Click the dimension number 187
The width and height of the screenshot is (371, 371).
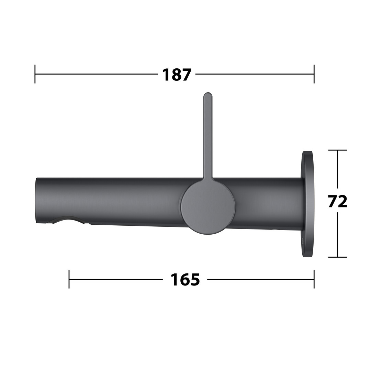pyautogui.click(x=177, y=75)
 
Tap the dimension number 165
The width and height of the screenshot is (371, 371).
pyautogui.click(x=185, y=279)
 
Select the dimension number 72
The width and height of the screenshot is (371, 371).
pyautogui.click(x=338, y=201)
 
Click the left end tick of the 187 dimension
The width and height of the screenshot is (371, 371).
pyautogui.click(x=35, y=74)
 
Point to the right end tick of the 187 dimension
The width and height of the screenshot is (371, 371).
pyautogui.click(x=314, y=74)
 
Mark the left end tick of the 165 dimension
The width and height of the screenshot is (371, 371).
pyautogui.click(x=69, y=279)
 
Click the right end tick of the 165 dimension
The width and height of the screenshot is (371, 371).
pyautogui.click(x=314, y=279)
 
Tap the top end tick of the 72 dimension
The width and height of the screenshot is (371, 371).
pyautogui.click(x=338, y=150)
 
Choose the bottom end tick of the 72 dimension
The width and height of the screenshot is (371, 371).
pyautogui.click(x=338, y=257)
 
